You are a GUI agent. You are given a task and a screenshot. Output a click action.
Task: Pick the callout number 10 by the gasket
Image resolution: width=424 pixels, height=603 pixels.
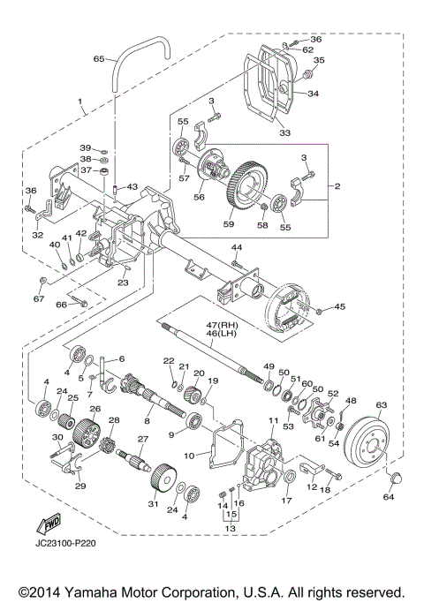click(x=190, y=456)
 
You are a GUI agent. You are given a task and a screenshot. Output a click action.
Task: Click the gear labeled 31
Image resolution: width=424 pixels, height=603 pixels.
click(x=163, y=482)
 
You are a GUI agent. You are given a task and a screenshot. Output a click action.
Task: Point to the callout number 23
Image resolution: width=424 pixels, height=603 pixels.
click(x=123, y=283)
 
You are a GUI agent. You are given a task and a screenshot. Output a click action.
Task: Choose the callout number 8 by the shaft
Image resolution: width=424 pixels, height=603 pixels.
click(x=148, y=422)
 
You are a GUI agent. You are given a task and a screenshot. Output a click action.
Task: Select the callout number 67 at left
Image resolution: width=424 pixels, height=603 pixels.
click(x=39, y=298)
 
